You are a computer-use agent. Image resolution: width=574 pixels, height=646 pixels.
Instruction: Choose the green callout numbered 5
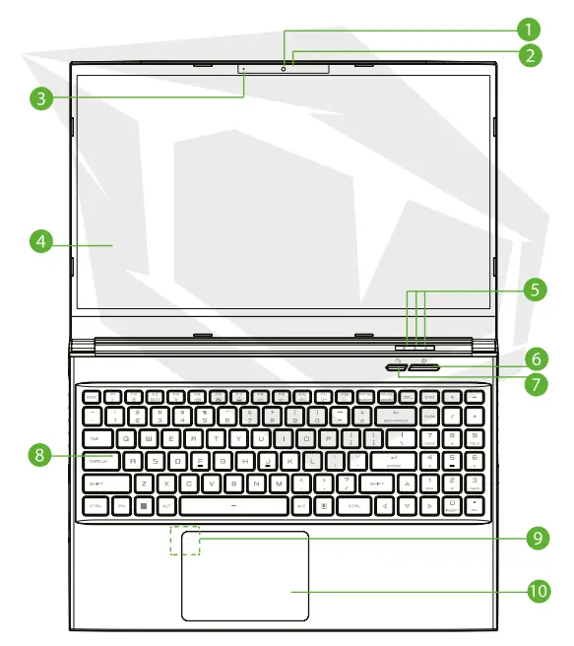click(x=531, y=290)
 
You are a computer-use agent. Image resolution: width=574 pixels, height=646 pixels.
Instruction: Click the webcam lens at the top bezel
click(x=284, y=68)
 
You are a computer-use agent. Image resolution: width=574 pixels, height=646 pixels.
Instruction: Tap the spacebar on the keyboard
click(x=234, y=505)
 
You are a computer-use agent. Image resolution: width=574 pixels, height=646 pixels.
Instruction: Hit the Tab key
click(x=96, y=438)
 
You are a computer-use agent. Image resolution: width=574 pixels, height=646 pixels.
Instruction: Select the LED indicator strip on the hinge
click(x=416, y=347)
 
